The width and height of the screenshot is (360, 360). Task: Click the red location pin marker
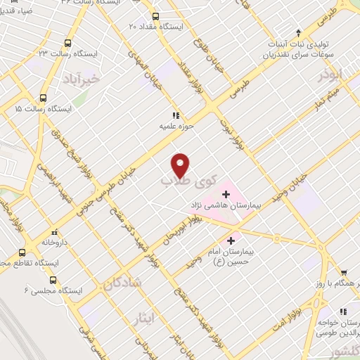coord(181,165)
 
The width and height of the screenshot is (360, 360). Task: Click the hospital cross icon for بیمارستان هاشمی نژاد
coord(226,193)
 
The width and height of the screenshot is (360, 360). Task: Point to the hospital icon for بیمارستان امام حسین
coord(231,240)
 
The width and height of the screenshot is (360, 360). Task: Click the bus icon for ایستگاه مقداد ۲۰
coord(155,15)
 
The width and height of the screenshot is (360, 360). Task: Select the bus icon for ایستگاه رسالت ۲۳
coord(67,42)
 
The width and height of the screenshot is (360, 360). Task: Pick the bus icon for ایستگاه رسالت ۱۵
coord(43,98)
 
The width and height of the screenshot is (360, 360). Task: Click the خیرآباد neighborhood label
coord(91,79)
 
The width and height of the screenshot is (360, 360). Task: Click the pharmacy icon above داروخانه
coord(53,230)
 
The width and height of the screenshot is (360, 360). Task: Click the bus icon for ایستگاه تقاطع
coord(22,252)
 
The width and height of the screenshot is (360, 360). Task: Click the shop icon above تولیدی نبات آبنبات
coord(299,32)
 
